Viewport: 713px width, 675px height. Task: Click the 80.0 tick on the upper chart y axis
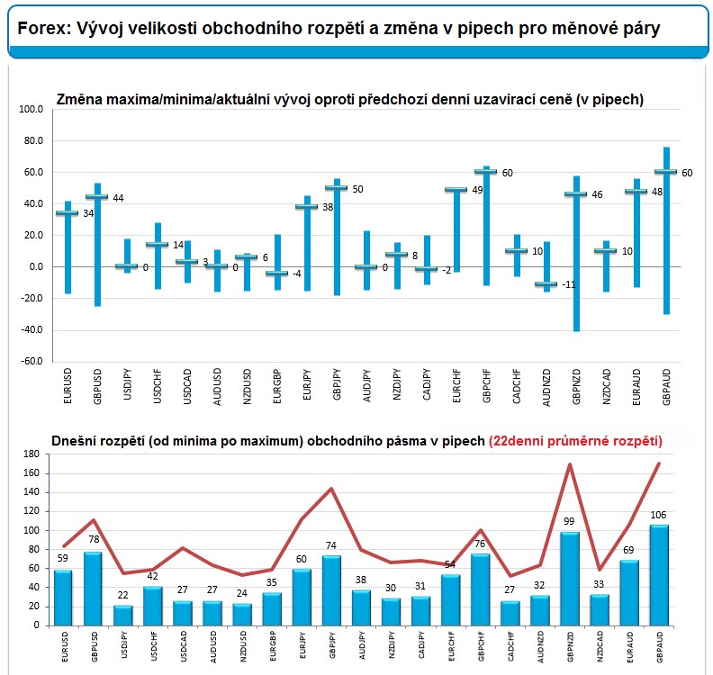point(33,141)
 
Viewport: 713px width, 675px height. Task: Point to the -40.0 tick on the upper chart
point(32,330)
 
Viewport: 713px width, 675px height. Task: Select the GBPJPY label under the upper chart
point(337,384)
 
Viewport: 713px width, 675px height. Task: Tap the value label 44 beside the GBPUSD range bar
point(118,198)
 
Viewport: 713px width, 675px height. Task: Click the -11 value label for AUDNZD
point(568,284)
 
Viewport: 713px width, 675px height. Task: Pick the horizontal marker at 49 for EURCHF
point(456,190)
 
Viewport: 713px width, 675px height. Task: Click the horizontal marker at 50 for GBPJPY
point(336,188)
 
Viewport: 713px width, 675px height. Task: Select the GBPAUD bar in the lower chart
point(659,575)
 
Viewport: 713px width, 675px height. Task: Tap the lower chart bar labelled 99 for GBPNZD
point(570,579)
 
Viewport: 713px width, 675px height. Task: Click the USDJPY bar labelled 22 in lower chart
point(122,616)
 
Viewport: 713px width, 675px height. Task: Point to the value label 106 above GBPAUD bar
point(658,515)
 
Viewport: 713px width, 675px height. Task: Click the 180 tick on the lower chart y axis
point(32,454)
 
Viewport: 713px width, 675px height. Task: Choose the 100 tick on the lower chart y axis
point(32,530)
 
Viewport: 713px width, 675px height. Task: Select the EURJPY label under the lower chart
point(302,645)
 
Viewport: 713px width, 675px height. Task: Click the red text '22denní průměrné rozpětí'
point(575,441)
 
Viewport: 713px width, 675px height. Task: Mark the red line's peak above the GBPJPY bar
point(331,489)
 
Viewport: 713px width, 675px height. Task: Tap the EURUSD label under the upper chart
point(68,386)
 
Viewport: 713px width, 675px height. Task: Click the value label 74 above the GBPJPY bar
point(331,545)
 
